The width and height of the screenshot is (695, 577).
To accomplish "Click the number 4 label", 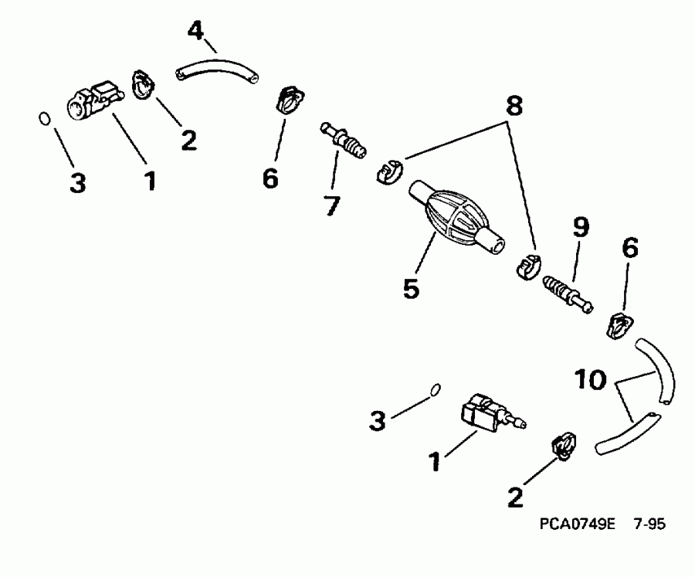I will click(x=197, y=32).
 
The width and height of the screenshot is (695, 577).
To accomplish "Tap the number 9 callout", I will click(x=580, y=227).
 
